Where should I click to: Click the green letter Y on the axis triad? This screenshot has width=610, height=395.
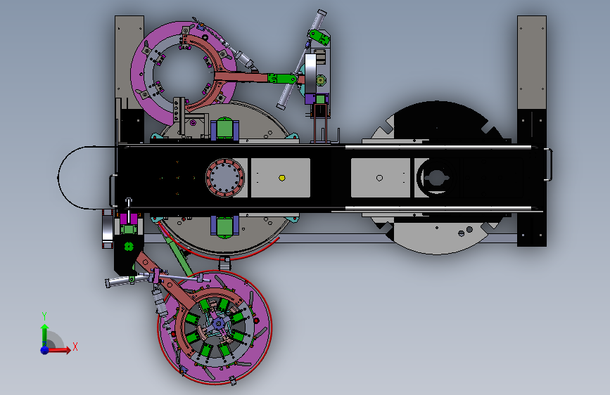click(x=44, y=316)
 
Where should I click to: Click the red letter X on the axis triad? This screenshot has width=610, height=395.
click(x=75, y=347)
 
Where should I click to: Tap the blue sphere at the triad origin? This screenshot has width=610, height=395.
click(x=45, y=350)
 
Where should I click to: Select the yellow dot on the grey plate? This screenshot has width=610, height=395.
click(x=282, y=178)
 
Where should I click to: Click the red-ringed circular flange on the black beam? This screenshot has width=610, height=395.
click(x=225, y=178)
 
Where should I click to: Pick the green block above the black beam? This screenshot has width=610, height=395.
click(x=224, y=129)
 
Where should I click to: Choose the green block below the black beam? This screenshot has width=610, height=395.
click(x=224, y=227)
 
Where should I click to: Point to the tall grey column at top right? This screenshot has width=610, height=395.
click(x=532, y=63)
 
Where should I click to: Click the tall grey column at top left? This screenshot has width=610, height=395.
click(x=129, y=63)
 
